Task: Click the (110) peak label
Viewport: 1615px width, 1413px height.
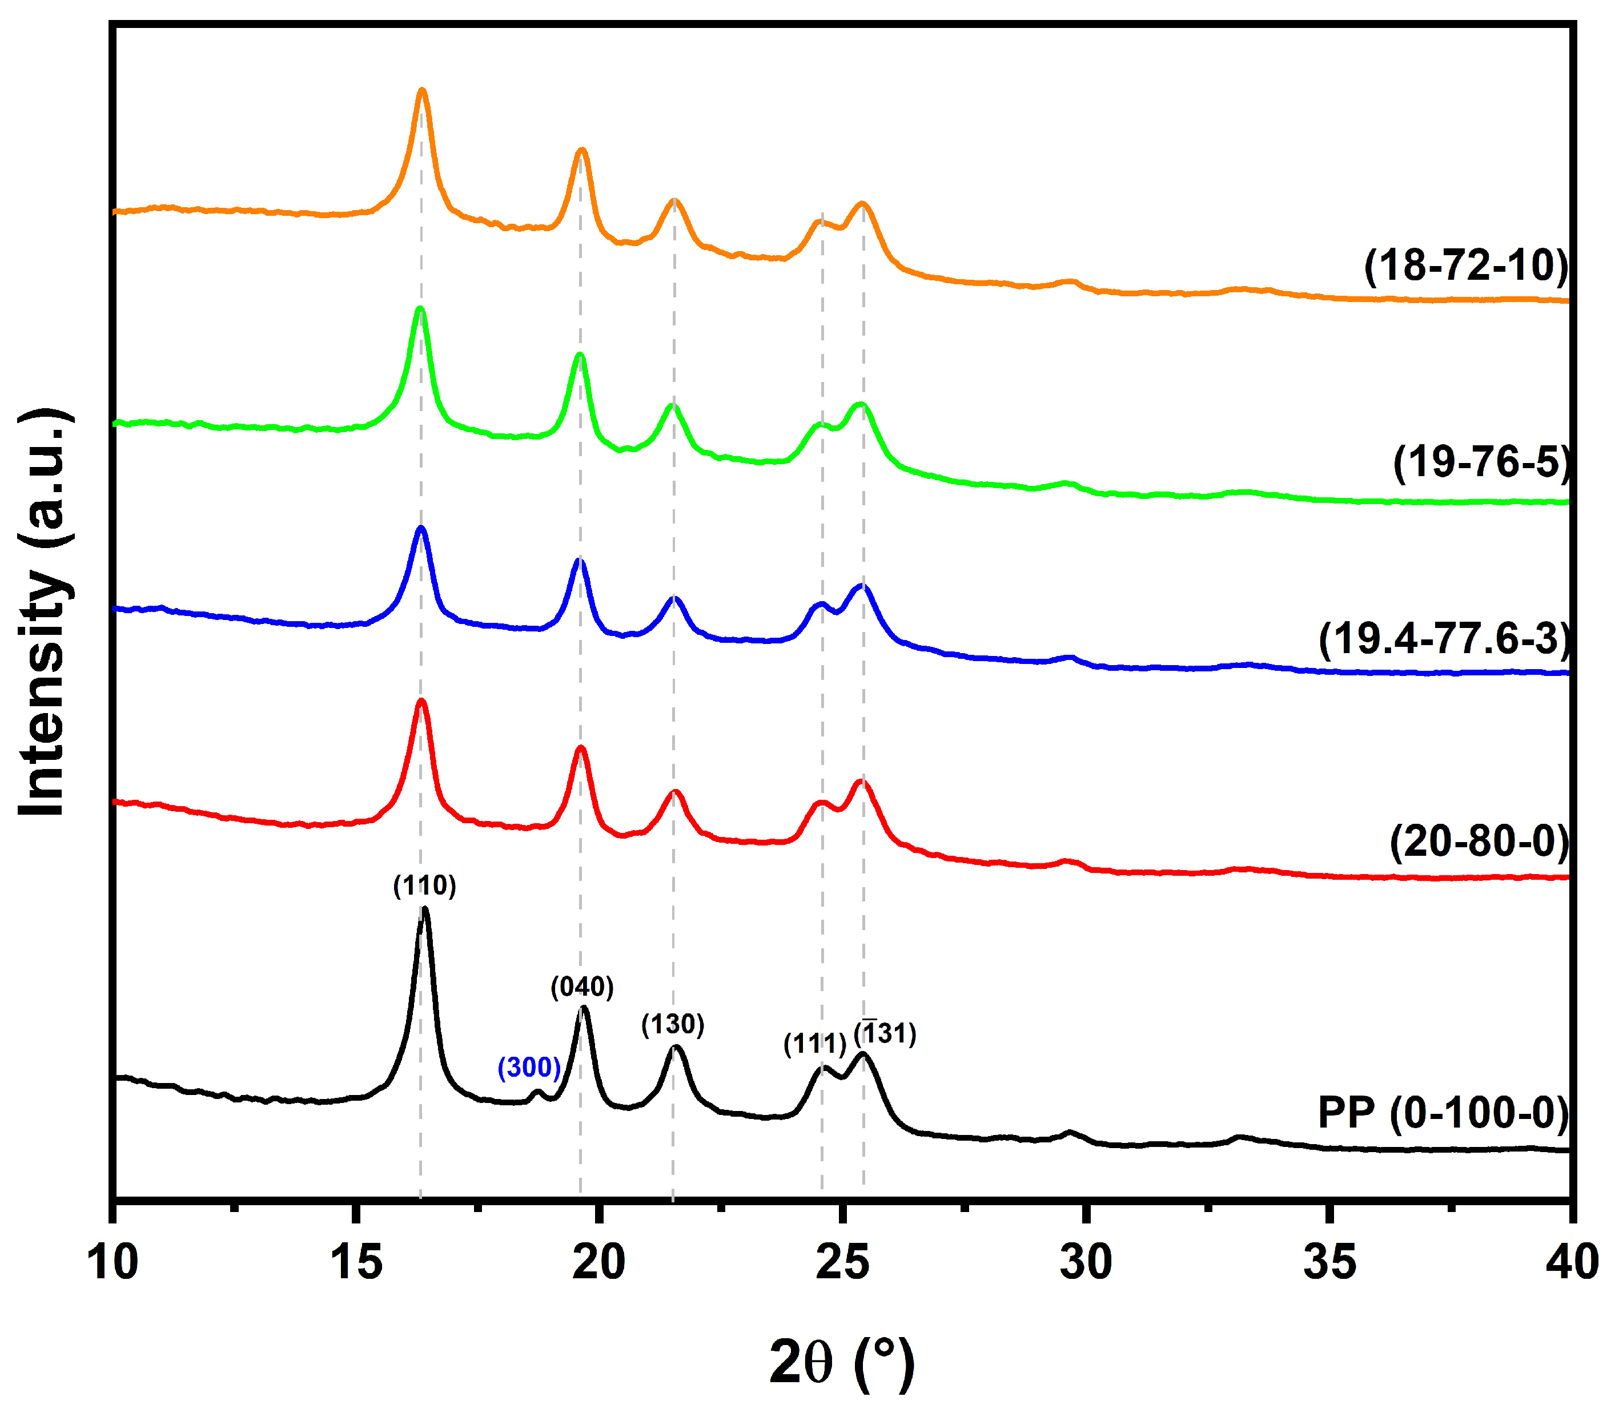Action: pos(424,885)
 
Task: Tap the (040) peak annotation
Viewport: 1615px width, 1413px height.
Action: pos(582,987)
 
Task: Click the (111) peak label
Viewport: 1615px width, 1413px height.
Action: pos(814,1044)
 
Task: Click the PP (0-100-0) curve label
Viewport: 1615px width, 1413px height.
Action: pos(1443,1113)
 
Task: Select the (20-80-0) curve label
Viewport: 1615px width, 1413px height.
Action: pos(1479,842)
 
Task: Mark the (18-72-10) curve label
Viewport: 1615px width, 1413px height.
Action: pos(1466,265)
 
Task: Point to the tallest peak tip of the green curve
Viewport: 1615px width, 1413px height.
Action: pos(420,308)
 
